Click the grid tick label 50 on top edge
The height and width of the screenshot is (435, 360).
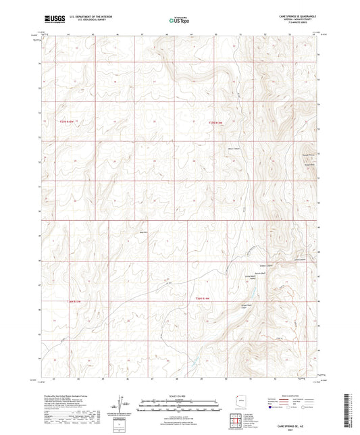pyautogui.click(x=215, y=32)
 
